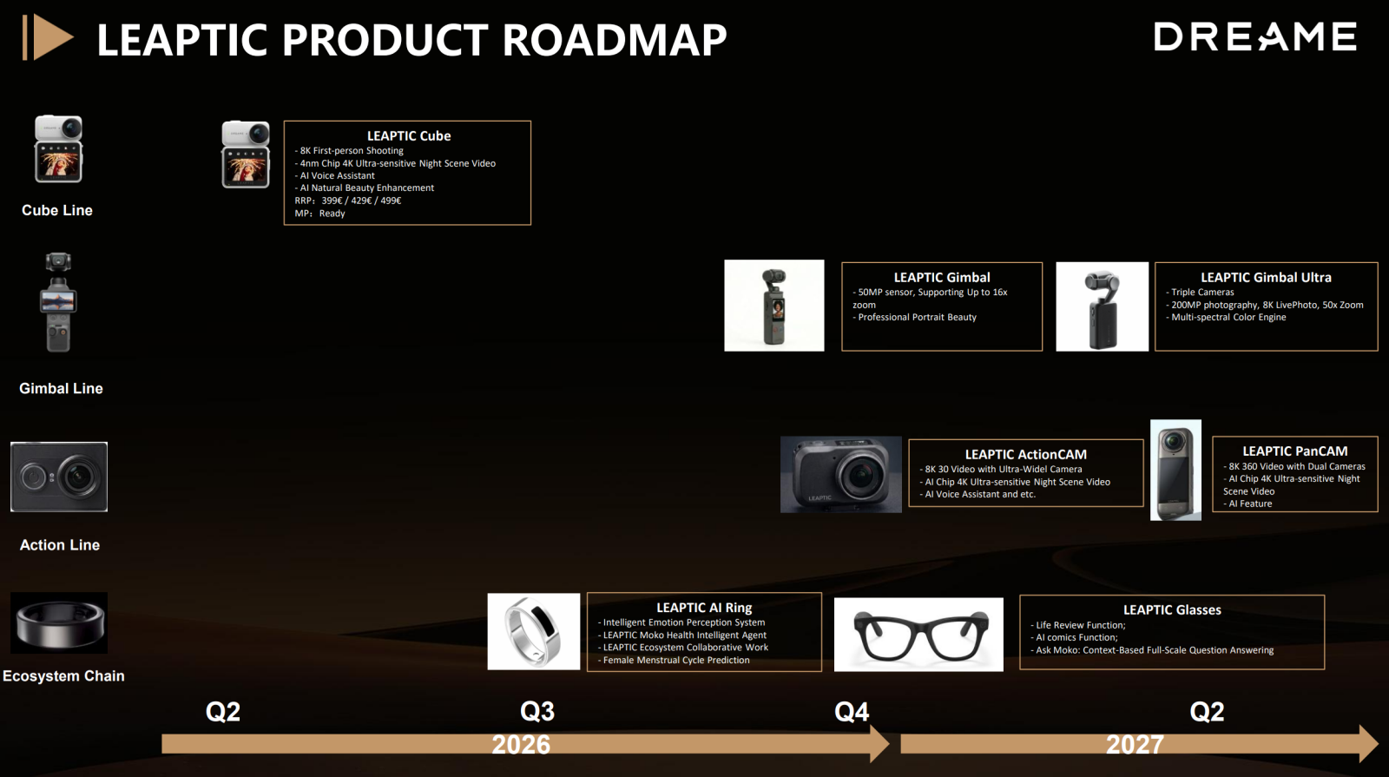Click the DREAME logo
coord(1255,36)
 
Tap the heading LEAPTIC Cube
coord(409,135)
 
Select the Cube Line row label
coord(57,210)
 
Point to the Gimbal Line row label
coord(61,388)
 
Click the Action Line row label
coord(60,544)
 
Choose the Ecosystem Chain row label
coord(63,676)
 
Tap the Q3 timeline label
coord(537,711)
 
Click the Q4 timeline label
coord(852,712)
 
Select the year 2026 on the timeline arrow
coord(521,744)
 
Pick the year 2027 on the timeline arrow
coord(1135,744)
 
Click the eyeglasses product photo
coord(918,635)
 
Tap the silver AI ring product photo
coord(533,631)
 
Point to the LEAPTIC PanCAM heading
coord(1294,451)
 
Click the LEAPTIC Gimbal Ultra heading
coord(1266,278)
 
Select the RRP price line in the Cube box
coord(348,201)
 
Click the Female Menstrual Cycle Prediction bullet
coord(674,660)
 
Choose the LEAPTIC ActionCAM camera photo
coord(841,474)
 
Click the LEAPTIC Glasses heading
coord(1172,610)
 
